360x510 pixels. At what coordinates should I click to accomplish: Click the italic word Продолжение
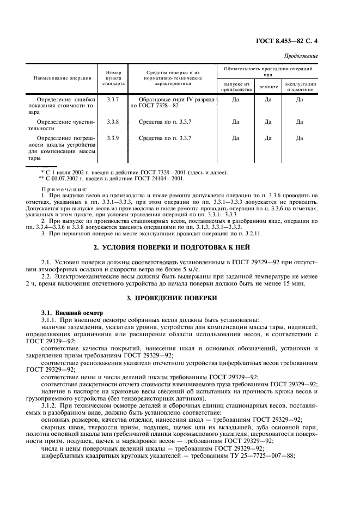[301, 57]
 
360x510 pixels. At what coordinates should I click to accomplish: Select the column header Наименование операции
[63, 78]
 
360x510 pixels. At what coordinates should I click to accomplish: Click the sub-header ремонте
[268, 87]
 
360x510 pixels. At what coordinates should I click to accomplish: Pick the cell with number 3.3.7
[113, 100]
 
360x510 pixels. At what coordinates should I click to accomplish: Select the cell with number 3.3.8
[113, 122]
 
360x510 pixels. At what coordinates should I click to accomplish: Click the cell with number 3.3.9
[113, 138]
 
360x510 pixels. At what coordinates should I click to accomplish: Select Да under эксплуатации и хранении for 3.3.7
[300, 100]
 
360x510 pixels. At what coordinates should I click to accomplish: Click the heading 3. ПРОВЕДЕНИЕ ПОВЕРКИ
[180, 298]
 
